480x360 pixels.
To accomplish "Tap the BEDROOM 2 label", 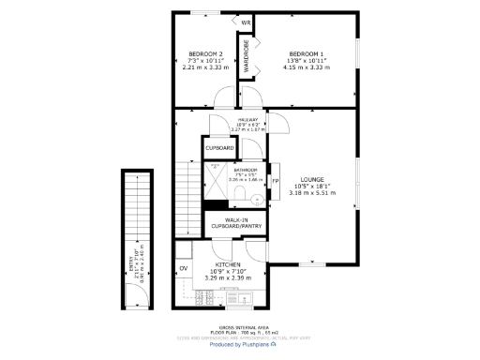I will click(x=204, y=53).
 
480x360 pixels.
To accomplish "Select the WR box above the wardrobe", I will click(x=247, y=23).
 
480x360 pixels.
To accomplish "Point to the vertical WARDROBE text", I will click(x=247, y=56).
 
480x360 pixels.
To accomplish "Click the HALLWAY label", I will click(x=248, y=120).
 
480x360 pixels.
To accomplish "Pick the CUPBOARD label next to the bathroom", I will click(x=220, y=148).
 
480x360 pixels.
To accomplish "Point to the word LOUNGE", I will click(x=312, y=179).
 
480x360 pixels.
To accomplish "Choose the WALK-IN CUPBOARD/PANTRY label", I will click(x=236, y=223).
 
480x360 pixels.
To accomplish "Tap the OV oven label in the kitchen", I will click(x=184, y=270).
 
